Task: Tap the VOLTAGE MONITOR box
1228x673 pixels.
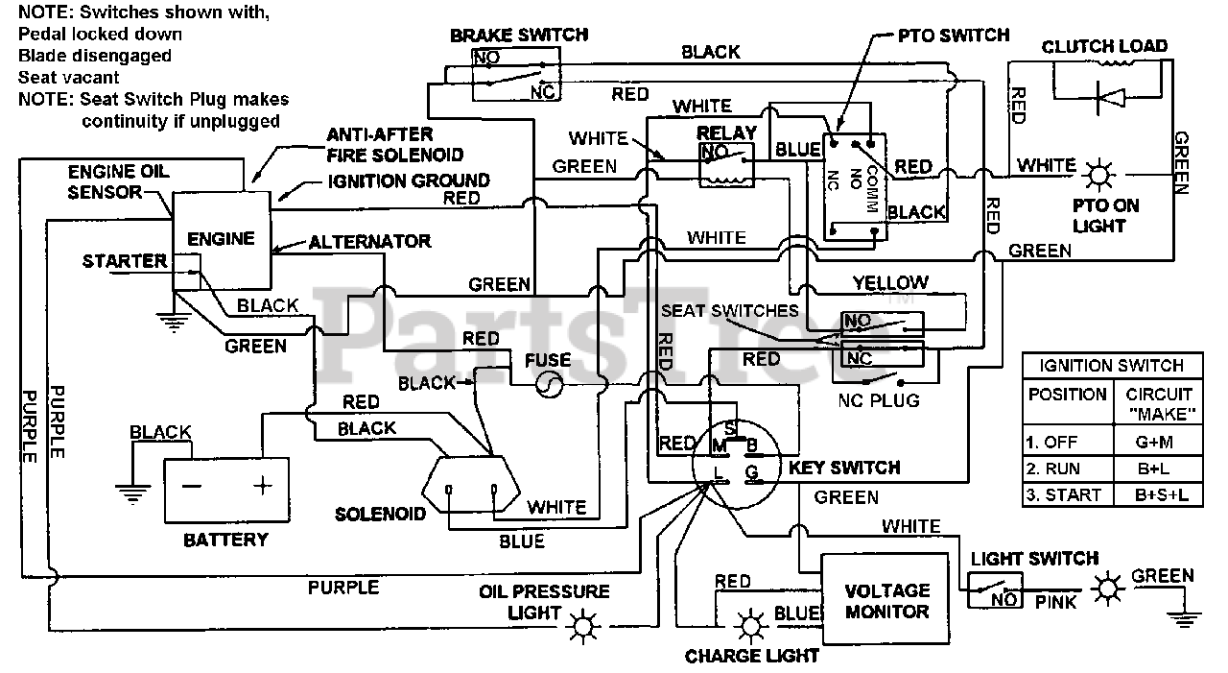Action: [886, 601]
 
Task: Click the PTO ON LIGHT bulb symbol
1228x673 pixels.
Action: [1098, 176]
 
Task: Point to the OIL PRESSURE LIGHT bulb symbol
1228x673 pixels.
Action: [581, 628]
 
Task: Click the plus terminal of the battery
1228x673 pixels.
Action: [262, 486]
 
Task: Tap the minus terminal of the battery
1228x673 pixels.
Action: [192, 486]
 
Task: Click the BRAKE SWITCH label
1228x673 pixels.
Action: [519, 36]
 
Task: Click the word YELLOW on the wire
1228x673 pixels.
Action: [890, 282]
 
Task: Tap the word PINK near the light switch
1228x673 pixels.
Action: [1055, 602]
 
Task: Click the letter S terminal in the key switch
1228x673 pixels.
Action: [731, 427]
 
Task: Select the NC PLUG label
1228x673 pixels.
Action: [879, 399]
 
